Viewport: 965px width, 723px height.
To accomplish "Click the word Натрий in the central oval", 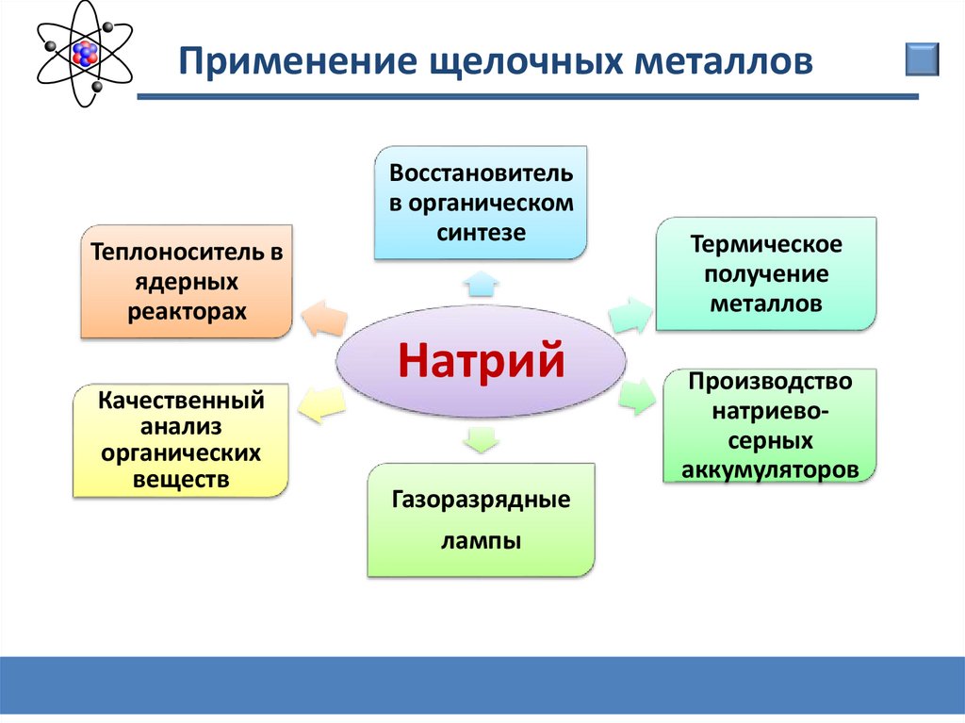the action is [x=481, y=360].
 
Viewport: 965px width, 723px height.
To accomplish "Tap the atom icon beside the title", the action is [x=84, y=54].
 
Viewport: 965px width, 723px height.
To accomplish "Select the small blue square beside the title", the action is [x=922, y=59].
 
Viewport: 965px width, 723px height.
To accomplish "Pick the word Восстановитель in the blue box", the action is [x=481, y=173].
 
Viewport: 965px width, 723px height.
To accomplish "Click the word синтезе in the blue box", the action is [x=481, y=233].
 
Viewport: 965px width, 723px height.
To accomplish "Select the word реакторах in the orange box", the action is [x=187, y=312].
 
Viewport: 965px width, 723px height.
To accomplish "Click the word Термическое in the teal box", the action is [x=765, y=244].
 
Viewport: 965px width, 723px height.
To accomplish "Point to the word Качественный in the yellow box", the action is [x=181, y=401].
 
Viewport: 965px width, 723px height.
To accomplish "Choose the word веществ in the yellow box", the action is [x=181, y=480].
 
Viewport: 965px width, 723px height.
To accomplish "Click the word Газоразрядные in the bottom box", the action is [x=481, y=500].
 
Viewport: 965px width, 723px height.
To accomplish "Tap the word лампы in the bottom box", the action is [x=481, y=542].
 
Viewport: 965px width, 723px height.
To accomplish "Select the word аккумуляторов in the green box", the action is [x=769, y=469].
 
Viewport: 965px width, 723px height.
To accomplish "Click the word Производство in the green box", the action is [x=769, y=382].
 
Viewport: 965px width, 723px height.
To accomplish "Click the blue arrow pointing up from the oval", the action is [x=481, y=284].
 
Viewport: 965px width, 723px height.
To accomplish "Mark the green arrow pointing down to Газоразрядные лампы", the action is [x=481, y=439].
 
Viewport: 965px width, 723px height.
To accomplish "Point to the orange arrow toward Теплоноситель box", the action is [x=324, y=319].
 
